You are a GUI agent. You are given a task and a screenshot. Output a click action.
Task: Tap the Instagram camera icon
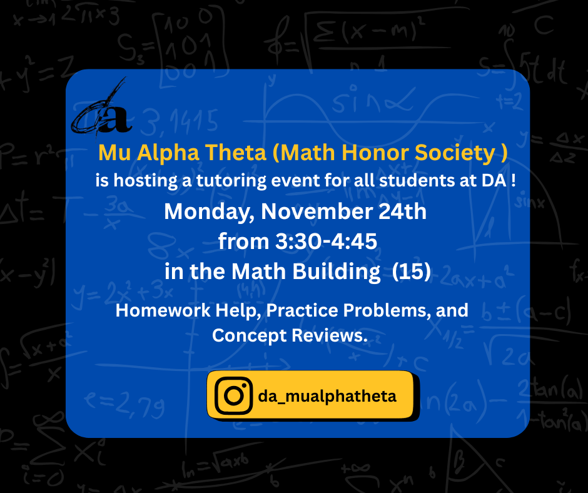233,395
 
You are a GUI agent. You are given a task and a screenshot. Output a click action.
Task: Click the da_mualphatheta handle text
327,396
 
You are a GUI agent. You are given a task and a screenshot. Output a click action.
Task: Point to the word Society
462,153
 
